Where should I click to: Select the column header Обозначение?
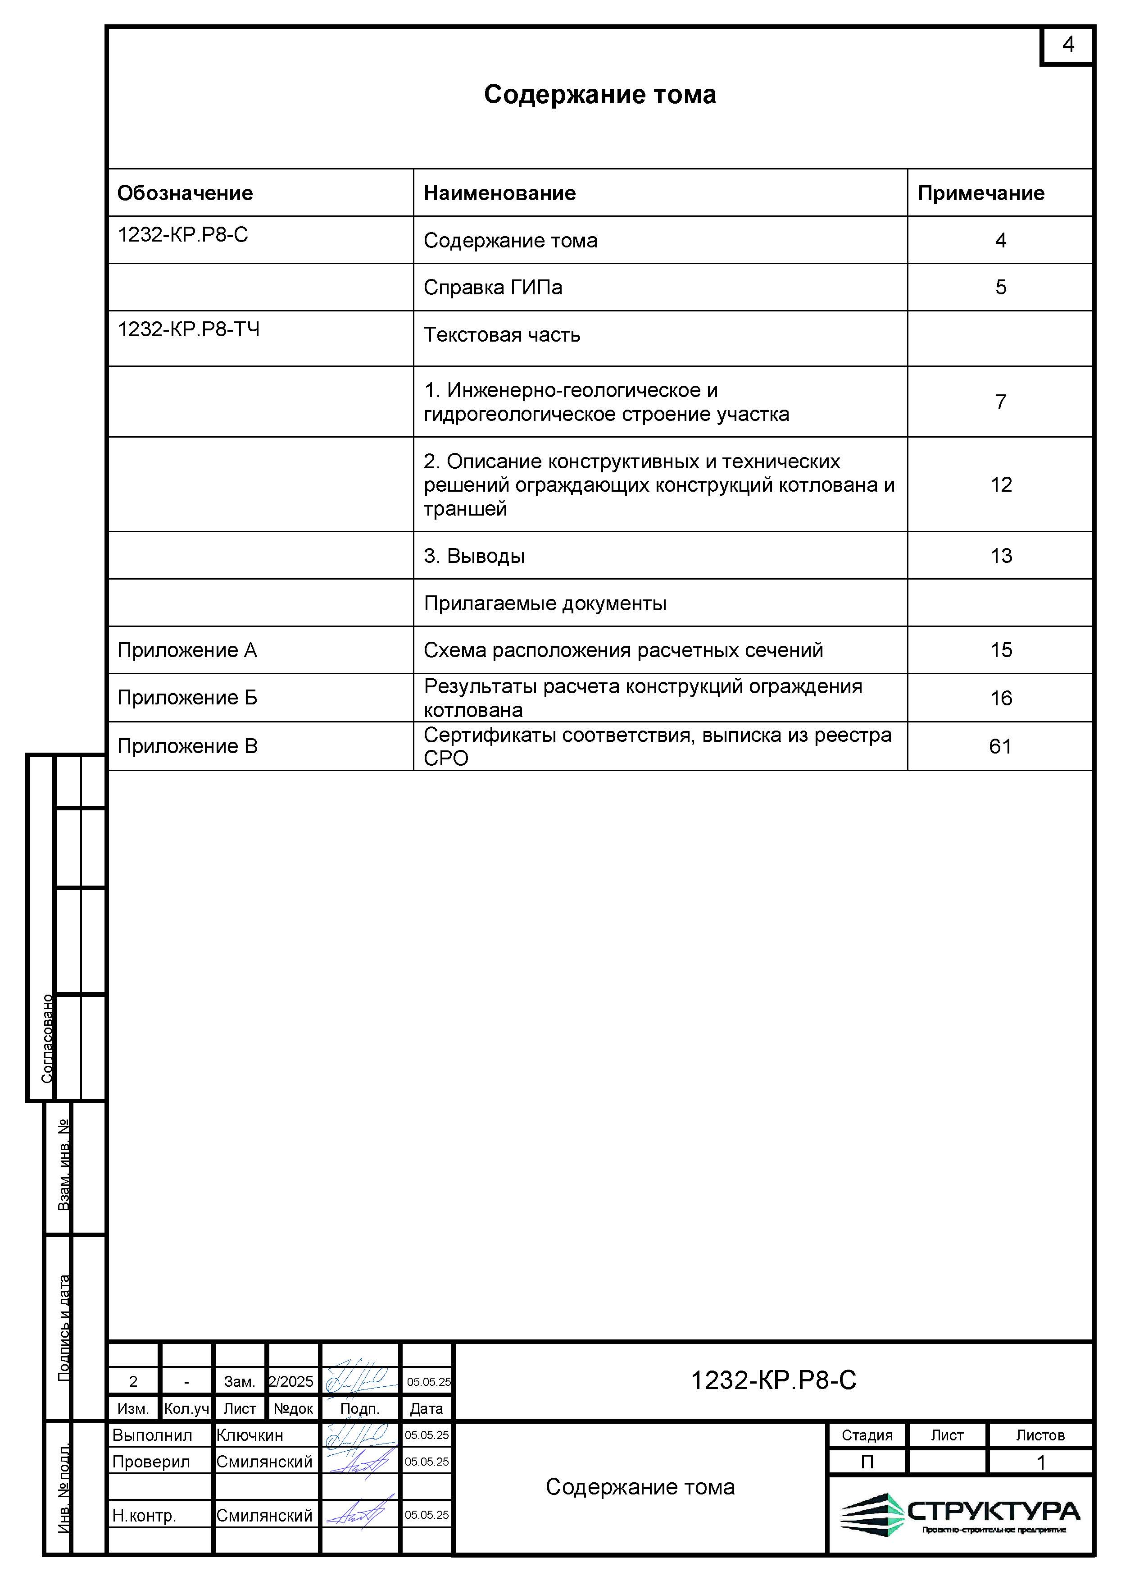[185, 193]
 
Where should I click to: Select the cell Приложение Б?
[187, 698]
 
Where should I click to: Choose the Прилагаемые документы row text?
[545, 603]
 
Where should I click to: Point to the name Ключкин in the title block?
[250, 1435]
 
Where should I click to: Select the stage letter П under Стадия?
[867, 1462]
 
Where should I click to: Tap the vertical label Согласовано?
[47, 1038]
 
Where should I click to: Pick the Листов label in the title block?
[1039, 1435]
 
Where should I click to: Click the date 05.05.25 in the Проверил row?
[427, 1462]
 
